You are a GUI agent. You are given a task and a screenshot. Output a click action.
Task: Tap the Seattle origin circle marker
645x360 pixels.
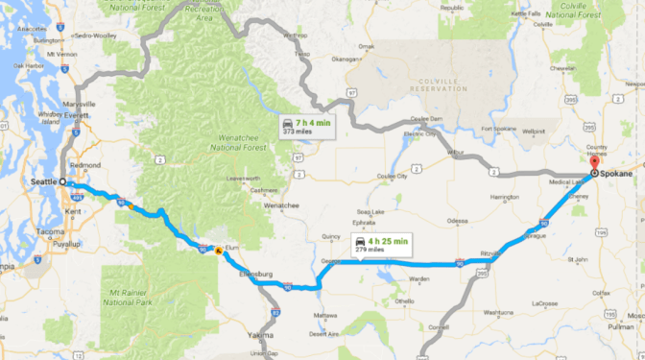(x=63, y=181)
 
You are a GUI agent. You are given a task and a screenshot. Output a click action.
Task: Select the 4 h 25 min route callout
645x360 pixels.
(x=381, y=244)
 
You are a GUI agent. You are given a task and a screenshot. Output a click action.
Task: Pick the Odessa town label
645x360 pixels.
(x=458, y=220)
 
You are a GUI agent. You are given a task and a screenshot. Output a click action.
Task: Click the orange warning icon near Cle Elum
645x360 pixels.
(x=219, y=252)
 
